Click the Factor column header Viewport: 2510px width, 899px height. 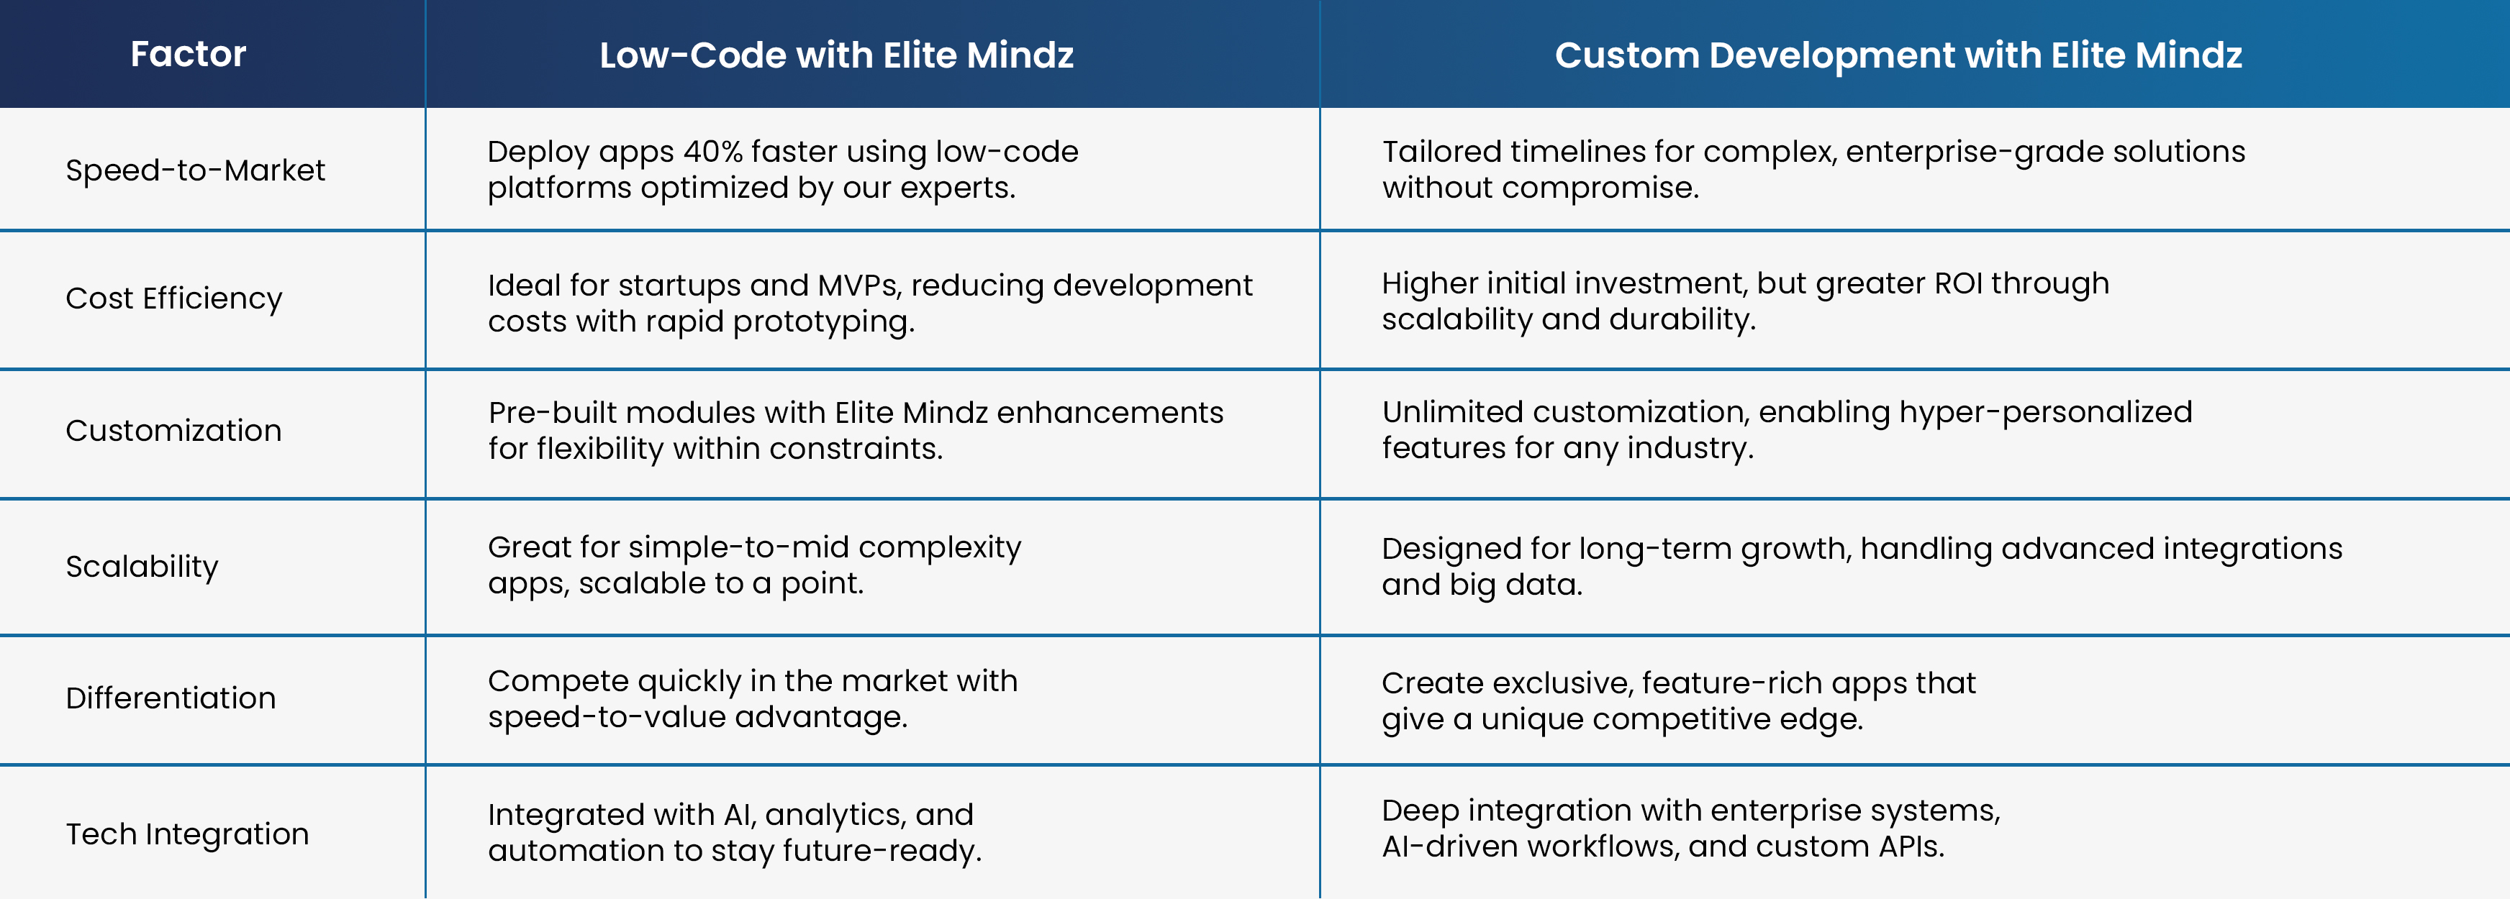point(188,53)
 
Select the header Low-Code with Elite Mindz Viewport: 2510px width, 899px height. point(836,55)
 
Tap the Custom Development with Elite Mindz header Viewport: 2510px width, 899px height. point(1898,55)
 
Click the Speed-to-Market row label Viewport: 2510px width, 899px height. point(195,170)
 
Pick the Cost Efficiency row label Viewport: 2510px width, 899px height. point(173,298)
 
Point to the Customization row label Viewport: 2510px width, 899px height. point(173,431)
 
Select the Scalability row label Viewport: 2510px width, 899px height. point(142,567)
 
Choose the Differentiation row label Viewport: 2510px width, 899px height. point(171,698)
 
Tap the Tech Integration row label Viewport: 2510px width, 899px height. point(187,835)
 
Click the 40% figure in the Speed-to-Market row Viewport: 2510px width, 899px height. point(712,152)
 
